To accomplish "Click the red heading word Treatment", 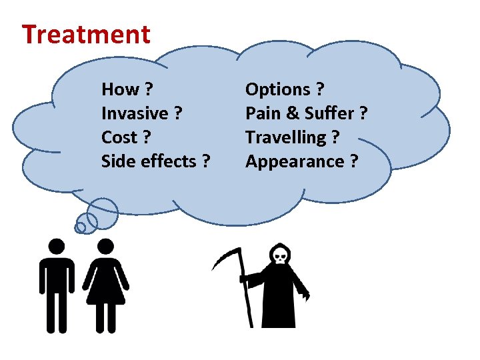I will click(86, 34).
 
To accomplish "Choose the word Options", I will click(278, 89).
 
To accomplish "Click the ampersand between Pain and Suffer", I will click(294, 113).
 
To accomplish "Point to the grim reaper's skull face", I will click(279, 254).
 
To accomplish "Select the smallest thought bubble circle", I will click(80, 227).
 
